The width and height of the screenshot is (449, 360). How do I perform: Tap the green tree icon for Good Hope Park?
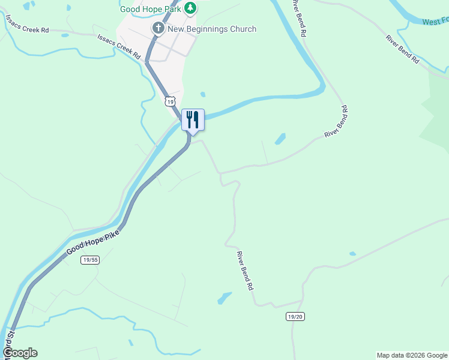[x=190, y=8]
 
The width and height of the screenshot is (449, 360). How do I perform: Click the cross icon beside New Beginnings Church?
[x=158, y=28]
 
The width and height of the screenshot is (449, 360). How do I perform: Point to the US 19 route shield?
[x=171, y=102]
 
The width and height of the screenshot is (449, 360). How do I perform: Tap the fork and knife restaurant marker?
[x=193, y=119]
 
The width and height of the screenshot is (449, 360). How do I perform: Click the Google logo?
[x=20, y=353]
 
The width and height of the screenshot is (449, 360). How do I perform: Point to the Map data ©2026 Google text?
[x=412, y=355]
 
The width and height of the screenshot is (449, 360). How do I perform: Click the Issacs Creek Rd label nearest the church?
[x=119, y=46]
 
